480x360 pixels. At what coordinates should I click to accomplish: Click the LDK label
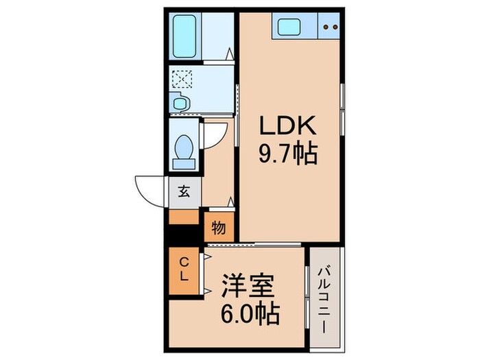(287, 126)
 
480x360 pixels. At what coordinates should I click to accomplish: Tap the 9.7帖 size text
(287, 154)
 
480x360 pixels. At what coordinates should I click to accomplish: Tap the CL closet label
(184, 269)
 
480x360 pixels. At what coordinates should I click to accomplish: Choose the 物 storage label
(219, 227)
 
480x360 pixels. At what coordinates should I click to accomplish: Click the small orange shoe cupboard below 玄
(183, 217)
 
